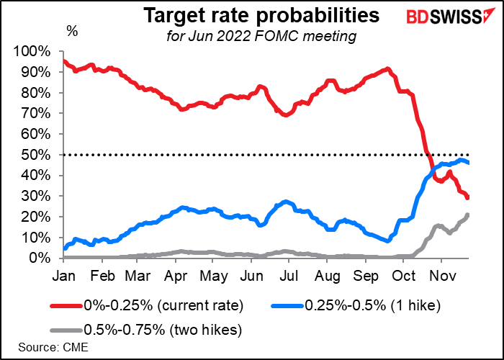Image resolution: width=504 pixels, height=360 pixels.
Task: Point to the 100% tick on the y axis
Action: [x=31, y=52]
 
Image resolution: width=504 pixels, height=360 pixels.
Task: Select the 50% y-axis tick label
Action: [x=34, y=155]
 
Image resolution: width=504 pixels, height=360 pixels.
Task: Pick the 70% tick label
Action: [x=34, y=114]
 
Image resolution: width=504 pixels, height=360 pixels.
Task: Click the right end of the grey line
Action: [x=468, y=215]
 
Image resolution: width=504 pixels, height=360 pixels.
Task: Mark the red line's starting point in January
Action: [x=64, y=60]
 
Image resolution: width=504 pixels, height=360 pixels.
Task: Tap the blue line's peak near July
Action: [x=286, y=202]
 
